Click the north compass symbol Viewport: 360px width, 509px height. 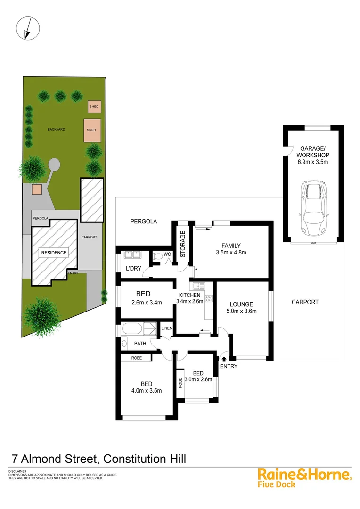[26, 28]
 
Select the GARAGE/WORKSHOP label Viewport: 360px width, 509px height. [313, 151]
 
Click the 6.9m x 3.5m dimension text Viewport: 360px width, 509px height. [313, 162]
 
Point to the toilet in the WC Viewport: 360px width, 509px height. [158, 256]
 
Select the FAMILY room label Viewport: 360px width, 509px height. [231, 246]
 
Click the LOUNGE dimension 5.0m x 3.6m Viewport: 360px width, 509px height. [242, 312]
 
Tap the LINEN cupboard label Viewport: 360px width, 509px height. [166, 328]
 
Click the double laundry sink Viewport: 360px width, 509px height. [132, 255]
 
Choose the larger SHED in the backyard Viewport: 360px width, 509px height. [91, 130]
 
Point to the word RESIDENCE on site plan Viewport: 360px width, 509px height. [54, 253]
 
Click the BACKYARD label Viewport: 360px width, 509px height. [56, 129]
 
